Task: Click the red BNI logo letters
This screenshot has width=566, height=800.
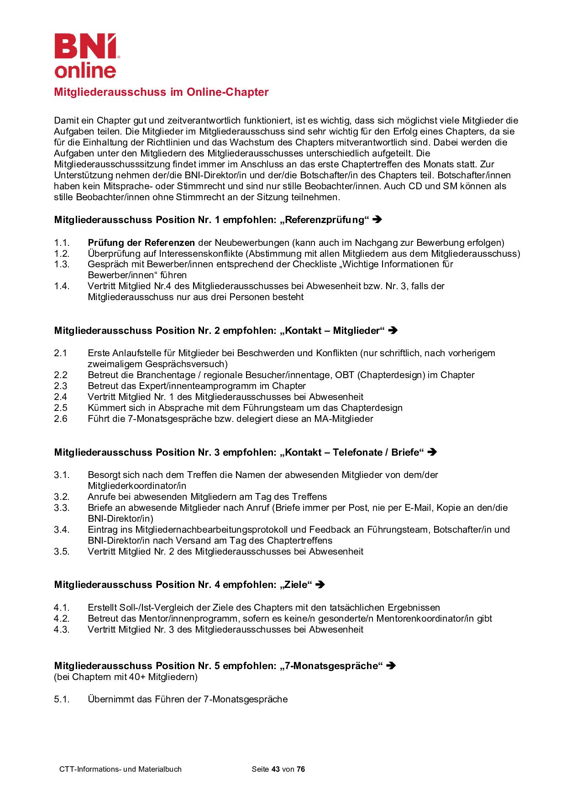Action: [x=85, y=46]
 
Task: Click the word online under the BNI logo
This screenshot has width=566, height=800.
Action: [x=85, y=70]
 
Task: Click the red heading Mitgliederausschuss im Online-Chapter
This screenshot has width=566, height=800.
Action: [x=161, y=92]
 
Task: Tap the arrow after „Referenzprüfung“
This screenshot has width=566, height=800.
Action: [x=377, y=220]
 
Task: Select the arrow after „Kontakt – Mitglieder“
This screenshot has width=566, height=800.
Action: [x=393, y=331]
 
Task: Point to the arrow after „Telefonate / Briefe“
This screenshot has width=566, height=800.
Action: [x=432, y=452]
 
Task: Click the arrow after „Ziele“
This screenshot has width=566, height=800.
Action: [x=320, y=585]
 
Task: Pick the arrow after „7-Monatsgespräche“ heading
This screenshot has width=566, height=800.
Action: [x=391, y=666]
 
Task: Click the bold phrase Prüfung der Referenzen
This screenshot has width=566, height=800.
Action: [x=141, y=243]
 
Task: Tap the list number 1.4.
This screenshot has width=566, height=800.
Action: [x=62, y=286]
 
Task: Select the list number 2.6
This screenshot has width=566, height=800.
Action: [x=61, y=419]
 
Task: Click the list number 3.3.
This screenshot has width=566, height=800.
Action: [x=62, y=508]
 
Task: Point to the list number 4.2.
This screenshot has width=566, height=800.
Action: [x=62, y=618]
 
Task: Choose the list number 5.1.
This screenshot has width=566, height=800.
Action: [x=62, y=699]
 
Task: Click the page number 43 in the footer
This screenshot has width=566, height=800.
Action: [x=275, y=769]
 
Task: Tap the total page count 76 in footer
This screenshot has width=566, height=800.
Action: [x=301, y=769]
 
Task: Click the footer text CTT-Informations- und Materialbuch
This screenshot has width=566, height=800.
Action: [x=121, y=769]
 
